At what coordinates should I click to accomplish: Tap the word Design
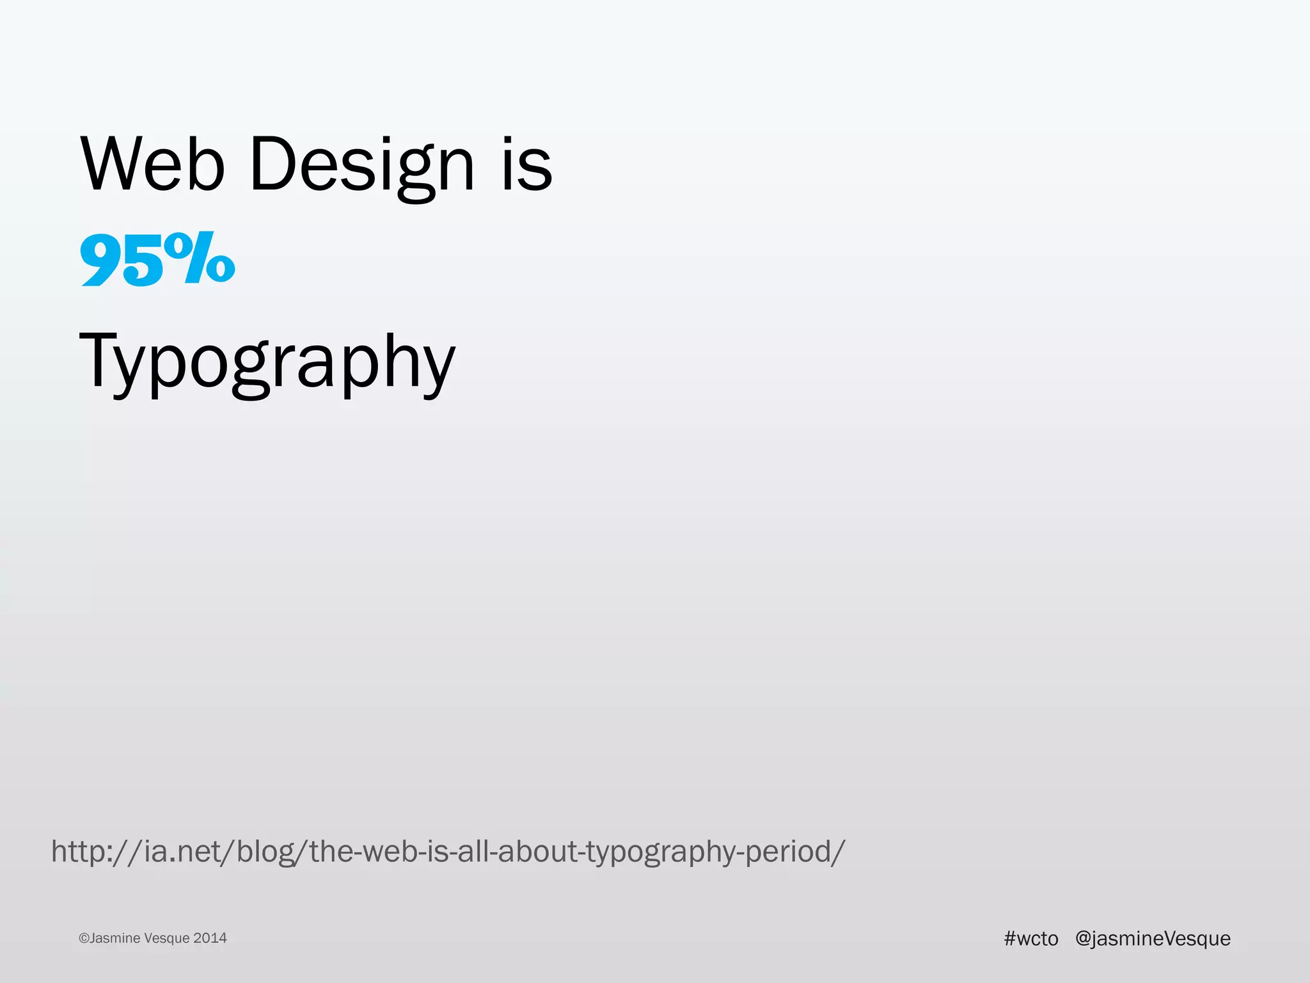(x=362, y=165)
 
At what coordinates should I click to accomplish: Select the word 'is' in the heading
(x=526, y=165)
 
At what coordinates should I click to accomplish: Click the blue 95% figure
(x=157, y=259)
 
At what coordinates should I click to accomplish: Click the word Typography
(x=267, y=362)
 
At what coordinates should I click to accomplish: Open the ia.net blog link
(x=448, y=852)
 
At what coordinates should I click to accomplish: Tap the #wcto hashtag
(x=1031, y=938)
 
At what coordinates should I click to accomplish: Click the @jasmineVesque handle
(x=1153, y=938)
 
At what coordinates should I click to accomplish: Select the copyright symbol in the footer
(x=84, y=938)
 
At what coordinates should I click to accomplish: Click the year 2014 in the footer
(x=210, y=938)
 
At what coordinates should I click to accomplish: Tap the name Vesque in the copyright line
(x=167, y=938)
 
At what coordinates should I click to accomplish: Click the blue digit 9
(x=101, y=260)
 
